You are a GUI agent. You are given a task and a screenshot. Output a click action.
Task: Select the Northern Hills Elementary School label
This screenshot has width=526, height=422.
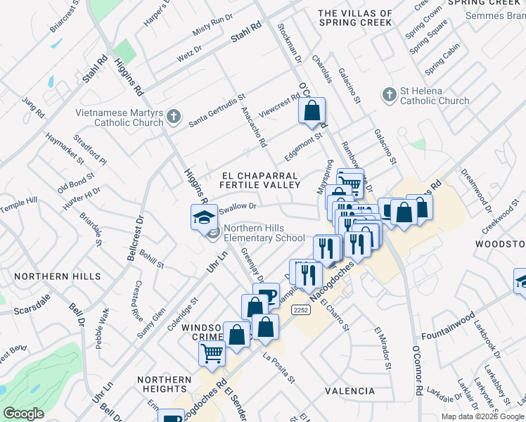click(x=264, y=233)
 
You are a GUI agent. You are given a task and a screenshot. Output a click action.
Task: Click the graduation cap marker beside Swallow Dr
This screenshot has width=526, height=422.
click(x=204, y=217)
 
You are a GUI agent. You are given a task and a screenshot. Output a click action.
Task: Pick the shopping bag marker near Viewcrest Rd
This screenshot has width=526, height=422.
click(x=312, y=110)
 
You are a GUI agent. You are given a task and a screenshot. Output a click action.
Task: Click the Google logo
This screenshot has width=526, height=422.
click(x=23, y=414)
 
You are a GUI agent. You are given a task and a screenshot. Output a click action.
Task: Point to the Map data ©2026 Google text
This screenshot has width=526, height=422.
click(x=482, y=416)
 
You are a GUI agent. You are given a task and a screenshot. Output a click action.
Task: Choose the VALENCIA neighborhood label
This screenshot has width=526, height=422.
click(x=349, y=390)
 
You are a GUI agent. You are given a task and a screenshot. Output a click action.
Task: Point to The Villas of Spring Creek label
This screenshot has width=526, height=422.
click(x=355, y=18)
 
